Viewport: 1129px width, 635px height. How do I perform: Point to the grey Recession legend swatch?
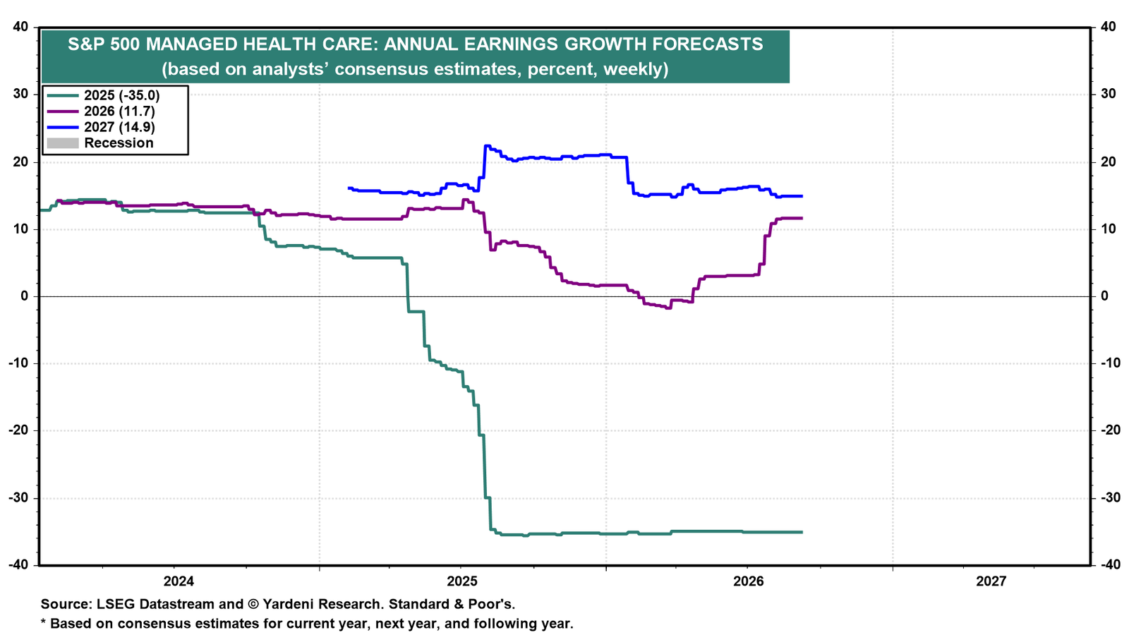click(x=63, y=143)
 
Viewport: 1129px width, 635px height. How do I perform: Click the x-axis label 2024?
click(x=179, y=581)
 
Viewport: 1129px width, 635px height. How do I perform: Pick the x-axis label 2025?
click(x=462, y=581)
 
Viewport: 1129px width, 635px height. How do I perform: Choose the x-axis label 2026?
click(x=749, y=581)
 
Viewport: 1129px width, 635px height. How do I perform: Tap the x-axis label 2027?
click(x=991, y=581)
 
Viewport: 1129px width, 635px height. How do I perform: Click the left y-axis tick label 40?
click(x=20, y=27)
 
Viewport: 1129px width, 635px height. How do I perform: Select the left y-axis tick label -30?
click(x=18, y=498)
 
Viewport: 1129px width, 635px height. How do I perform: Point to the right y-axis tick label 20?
click(x=1109, y=162)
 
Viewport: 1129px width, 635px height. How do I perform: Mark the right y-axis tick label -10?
click(x=1111, y=363)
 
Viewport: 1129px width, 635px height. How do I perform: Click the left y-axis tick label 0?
click(x=24, y=296)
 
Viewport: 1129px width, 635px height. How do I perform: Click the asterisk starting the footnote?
click(x=43, y=622)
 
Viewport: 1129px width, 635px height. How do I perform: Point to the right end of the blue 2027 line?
click(x=802, y=196)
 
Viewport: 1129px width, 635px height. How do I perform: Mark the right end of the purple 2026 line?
click(x=802, y=218)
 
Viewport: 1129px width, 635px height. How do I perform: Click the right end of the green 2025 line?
click(x=802, y=532)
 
